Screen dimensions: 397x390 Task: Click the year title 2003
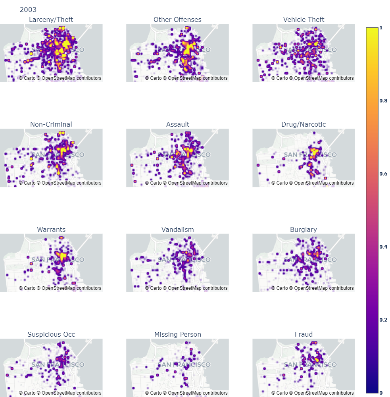coord(28,10)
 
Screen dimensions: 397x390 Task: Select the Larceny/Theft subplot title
coord(51,19)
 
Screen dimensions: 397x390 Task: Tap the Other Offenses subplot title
coord(177,19)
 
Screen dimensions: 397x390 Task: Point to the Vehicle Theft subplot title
coord(304,19)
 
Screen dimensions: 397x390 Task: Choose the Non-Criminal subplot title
coord(51,124)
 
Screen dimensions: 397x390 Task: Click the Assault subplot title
coord(177,124)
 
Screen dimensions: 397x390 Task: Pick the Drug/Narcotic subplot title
coord(304,124)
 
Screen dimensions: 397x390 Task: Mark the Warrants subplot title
coord(51,229)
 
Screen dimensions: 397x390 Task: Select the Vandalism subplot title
coord(177,229)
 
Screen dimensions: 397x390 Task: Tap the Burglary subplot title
coord(304,229)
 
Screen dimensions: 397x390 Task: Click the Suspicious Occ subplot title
coord(51,334)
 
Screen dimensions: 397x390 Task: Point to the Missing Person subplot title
coord(177,334)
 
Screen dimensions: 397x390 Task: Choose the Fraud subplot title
coord(304,334)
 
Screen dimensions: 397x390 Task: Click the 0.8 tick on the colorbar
coord(383,101)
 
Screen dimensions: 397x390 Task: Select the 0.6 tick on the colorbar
coord(383,174)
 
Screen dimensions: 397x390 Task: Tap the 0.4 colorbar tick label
coord(383,247)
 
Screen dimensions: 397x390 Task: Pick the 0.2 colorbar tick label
coord(383,320)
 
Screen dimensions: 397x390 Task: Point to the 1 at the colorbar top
coord(381,28)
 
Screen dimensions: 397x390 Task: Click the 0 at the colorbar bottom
coord(381,393)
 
